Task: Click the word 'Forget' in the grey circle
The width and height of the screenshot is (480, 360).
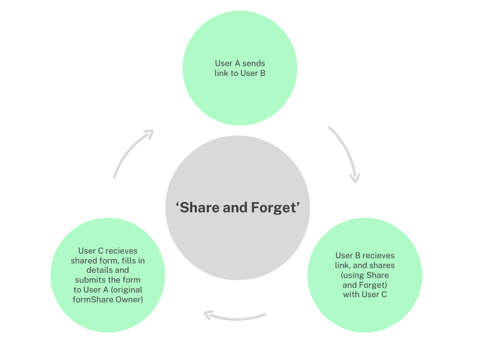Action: point(274,207)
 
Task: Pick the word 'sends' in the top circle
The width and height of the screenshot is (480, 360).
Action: point(254,63)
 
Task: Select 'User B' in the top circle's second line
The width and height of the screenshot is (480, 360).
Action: point(253,73)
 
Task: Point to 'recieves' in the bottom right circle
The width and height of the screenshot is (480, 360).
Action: point(378,255)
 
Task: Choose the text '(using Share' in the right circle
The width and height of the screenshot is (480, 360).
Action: point(365,275)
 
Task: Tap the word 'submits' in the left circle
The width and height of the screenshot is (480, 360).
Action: point(90,280)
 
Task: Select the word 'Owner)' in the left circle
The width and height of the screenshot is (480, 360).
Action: point(129,299)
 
